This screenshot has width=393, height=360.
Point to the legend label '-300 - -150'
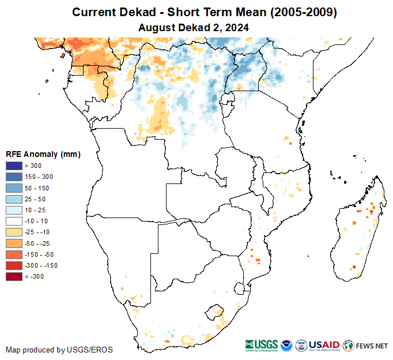point(46,266)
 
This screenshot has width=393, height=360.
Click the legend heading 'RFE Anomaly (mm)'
point(43,154)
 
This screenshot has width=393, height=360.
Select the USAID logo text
point(324,345)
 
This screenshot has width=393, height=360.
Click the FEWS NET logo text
point(372,346)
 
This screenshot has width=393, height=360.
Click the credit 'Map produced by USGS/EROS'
point(59,350)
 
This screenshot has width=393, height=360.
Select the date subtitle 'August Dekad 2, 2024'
point(194,27)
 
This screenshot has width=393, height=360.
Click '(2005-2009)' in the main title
point(300,12)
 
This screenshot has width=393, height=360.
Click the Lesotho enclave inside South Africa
point(216,312)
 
